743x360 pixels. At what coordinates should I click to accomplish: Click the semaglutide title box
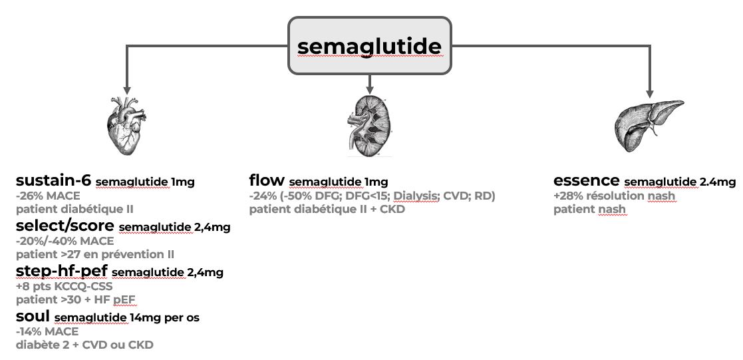(x=369, y=45)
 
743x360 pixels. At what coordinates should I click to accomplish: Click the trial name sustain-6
(x=53, y=180)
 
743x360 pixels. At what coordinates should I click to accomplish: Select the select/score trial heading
(x=65, y=226)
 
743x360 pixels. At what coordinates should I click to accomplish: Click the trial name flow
(x=267, y=180)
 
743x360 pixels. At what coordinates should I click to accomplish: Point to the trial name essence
(x=586, y=180)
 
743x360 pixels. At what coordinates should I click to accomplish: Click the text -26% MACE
(x=48, y=196)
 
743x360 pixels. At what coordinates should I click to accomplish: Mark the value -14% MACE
(x=47, y=331)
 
